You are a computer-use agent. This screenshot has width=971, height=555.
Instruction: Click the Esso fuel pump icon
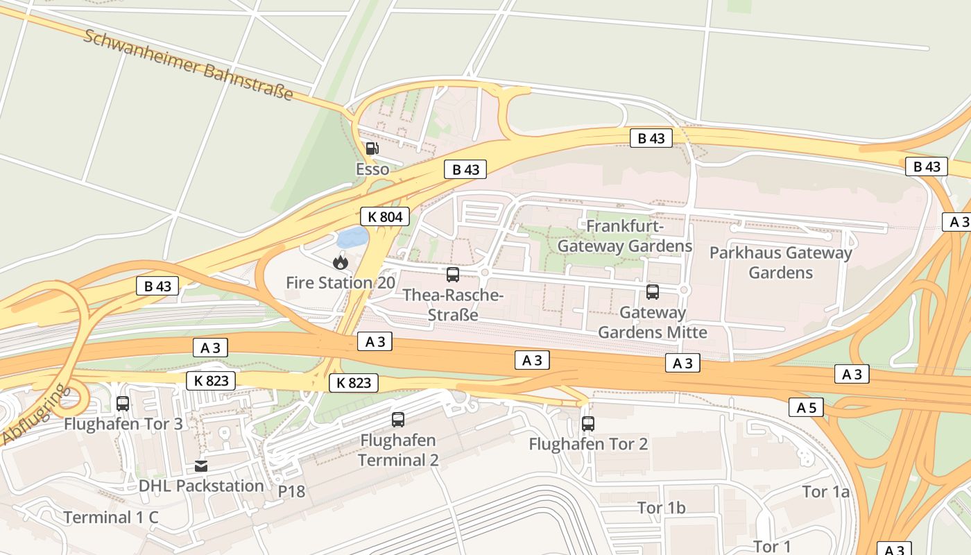(372, 148)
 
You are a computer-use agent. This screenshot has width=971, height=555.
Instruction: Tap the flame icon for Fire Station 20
(340, 262)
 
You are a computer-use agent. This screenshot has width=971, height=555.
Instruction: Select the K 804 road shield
(384, 216)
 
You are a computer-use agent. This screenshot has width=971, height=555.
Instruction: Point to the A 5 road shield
(806, 407)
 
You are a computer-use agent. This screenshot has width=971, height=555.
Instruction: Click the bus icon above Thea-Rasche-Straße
(453, 275)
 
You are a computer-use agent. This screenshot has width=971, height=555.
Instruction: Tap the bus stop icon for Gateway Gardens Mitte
(652, 292)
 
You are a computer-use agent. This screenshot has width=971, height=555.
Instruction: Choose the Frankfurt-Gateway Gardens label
(624, 236)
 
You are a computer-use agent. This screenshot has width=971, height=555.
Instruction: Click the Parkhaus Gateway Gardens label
(780, 262)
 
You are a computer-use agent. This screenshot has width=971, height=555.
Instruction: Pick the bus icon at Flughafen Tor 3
(123, 403)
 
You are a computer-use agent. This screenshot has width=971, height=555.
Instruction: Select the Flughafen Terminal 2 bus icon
(398, 420)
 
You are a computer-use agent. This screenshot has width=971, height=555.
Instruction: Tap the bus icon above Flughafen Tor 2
(588, 423)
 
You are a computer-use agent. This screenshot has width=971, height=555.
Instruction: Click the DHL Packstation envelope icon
(201, 466)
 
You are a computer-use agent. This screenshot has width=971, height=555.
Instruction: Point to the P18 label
(291, 491)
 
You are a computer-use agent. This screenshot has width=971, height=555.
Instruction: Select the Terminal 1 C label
(111, 517)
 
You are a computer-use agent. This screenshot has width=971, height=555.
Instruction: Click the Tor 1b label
(662, 508)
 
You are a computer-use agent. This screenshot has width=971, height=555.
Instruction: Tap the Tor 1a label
(825, 492)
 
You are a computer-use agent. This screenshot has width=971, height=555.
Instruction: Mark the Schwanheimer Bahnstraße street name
(188, 65)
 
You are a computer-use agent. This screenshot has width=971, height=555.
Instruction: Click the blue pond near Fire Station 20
(352, 237)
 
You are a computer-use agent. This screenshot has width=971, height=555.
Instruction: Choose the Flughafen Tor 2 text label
(588, 444)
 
